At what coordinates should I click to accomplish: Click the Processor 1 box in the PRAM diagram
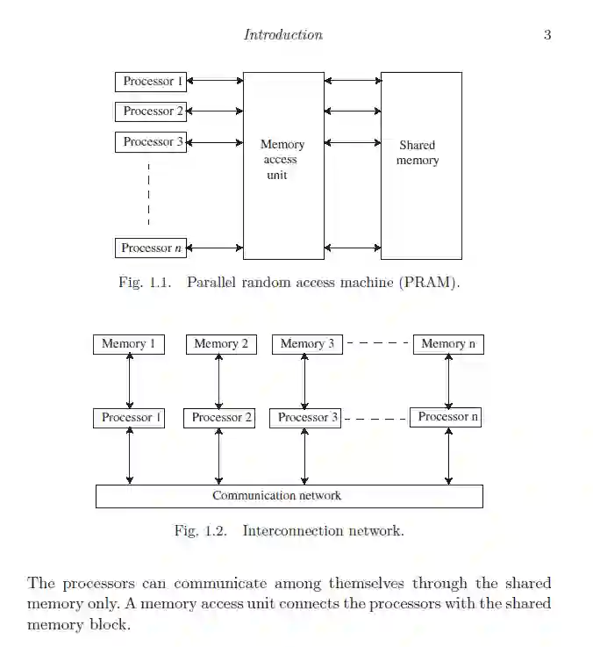tap(151, 82)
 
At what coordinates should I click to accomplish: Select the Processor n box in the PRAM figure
tap(151, 248)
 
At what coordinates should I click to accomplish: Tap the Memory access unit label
tap(282, 159)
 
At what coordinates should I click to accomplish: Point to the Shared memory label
tap(418, 153)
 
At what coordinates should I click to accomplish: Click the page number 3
tap(547, 35)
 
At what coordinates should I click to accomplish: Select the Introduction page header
tap(282, 35)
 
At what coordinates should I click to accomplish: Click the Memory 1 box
tap(129, 344)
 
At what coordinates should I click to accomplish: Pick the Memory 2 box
tap(221, 344)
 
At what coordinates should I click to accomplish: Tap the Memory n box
tap(448, 344)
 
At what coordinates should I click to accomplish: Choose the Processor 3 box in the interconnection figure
tap(306, 418)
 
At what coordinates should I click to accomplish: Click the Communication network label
tap(276, 496)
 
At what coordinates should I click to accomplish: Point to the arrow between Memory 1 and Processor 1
tap(130, 381)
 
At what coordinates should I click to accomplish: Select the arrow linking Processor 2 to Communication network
tap(218, 456)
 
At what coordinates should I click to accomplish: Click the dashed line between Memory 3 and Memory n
tap(378, 344)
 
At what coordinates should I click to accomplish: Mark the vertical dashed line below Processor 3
tap(149, 194)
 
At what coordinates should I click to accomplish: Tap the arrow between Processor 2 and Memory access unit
tap(215, 111)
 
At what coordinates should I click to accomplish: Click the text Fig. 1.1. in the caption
tap(140, 283)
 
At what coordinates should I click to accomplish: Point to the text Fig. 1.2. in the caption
tap(200, 530)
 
